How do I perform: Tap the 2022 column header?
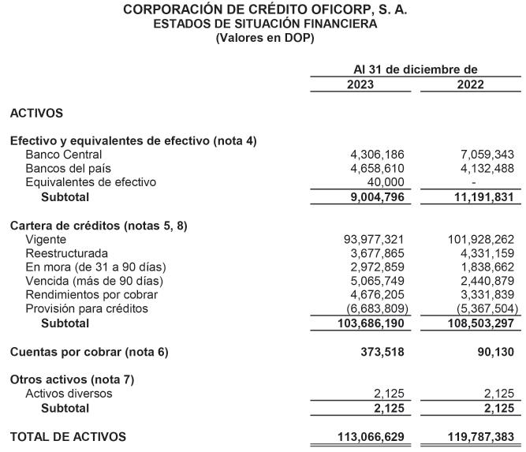[x=471, y=84]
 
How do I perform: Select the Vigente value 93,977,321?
[x=375, y=239]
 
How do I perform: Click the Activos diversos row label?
[x=69, y=394]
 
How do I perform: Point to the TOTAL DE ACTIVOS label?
[x=68, y=435]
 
